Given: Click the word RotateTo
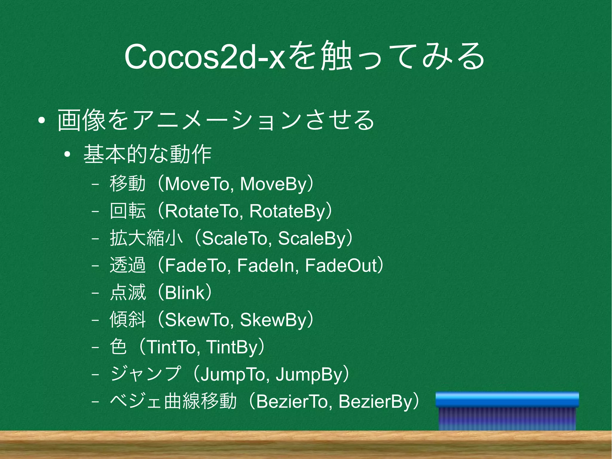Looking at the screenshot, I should pos(204,211).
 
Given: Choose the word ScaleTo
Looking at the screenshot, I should pos(235,238).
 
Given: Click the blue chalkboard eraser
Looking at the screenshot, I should pos(507,411).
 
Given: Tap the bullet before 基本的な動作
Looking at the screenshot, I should pos(68,154).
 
